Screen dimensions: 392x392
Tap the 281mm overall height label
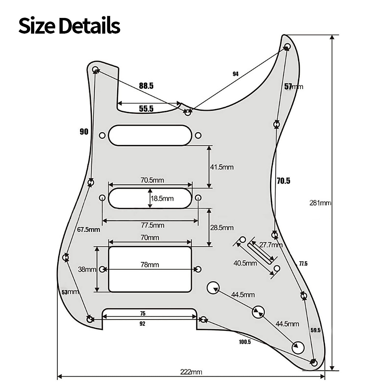pos(320,203)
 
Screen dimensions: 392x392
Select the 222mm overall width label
pos(191,372)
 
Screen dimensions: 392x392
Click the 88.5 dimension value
pos(146,86)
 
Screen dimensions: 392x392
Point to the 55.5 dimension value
pos(146,109)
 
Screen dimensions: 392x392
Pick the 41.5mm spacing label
pos(222,167)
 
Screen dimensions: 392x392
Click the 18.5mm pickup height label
pos(162,198)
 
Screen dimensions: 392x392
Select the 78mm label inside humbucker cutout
pos(150,264)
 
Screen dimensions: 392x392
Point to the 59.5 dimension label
pos(316,330)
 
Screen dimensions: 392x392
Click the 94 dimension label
pos(235,74)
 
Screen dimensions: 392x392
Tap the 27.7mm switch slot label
pos(271,245)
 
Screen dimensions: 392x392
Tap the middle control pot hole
pos(259,312)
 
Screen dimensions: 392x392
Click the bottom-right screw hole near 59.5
pos(314,363)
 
